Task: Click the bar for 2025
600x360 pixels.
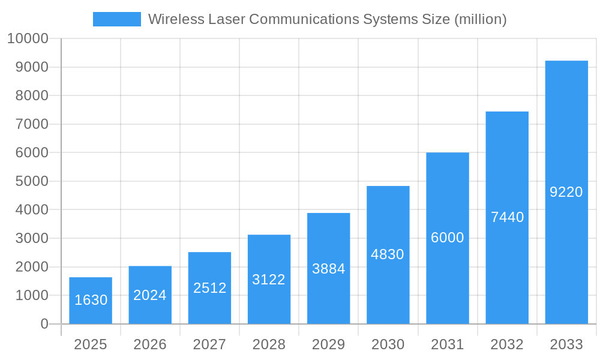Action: tap(91, 301)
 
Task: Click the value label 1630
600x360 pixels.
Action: tap(91, 300)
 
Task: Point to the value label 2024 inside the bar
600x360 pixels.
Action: tap(150, 295)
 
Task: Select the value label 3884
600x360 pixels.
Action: tap(329, 269)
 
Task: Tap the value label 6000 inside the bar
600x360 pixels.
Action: tap(448, 238)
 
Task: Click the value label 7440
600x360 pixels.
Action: tap(507, 217)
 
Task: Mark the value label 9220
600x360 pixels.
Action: tap(566, 192)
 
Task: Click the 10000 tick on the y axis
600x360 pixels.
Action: tap(28, 39)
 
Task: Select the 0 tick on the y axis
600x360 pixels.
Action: tap(44, 324)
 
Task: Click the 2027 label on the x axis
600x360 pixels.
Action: tap(209, 344)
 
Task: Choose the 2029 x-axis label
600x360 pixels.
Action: tap(329, 344)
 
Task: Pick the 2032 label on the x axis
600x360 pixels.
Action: tap(507, 344)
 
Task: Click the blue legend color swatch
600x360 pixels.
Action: tap(117, 19)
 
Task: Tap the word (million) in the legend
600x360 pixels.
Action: tap(480, 19)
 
